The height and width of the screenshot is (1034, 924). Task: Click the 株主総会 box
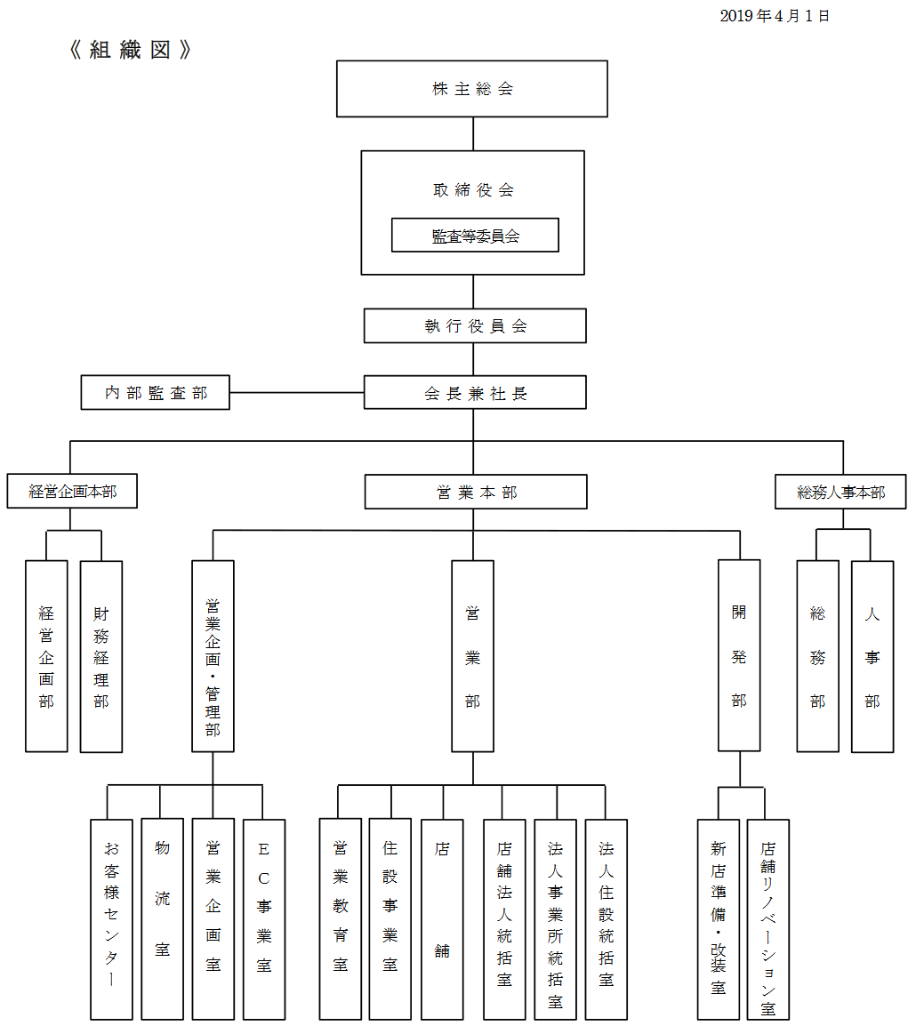point(471,89)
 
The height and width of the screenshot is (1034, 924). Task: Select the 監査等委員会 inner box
point(475,236)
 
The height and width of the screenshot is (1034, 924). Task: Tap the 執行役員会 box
point(475,326)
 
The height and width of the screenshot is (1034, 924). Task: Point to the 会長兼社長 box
point(475,393)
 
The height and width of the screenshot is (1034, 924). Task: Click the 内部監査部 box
point(156,393)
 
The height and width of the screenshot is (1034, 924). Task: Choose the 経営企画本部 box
point(72,492)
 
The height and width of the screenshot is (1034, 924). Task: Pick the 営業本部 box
point(476,492)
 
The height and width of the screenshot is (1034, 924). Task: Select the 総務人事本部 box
point(840,492)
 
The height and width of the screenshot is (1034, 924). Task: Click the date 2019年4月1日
point(775,16)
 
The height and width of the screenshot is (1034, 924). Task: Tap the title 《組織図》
point(130,50)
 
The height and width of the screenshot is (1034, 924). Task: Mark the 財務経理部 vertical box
point(101,657)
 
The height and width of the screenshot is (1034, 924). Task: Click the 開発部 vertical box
point(739,656)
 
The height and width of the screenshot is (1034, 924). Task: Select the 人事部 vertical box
point(872,657)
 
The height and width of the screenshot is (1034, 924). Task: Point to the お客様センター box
point(111,918)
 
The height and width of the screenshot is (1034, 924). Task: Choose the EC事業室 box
point(264,918)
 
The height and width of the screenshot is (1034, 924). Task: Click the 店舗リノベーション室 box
point(768,918)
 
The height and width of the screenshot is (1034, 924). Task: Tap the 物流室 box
point(162,918)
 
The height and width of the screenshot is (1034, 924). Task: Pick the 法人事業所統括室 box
point(555,918)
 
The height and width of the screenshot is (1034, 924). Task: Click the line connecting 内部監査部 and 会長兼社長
point(296,393)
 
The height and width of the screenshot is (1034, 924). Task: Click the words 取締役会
point(473,190)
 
